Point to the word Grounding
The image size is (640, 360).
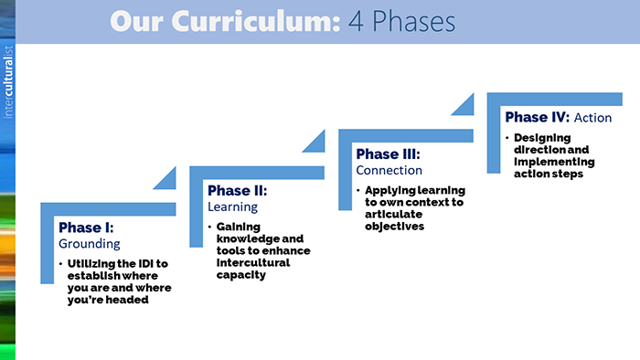click(90, 244)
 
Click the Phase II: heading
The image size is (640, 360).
click(237, 191)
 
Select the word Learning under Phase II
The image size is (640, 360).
click(233, 207)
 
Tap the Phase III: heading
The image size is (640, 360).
click(388, 154)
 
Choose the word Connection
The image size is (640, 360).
click(389, 170)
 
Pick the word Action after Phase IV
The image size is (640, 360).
click(593, 118)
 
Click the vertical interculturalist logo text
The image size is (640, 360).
click(8, 79)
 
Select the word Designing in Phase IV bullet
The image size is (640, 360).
click(541, 138)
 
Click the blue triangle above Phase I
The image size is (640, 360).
click(166, 178)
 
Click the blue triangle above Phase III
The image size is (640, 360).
click(464, 103)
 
